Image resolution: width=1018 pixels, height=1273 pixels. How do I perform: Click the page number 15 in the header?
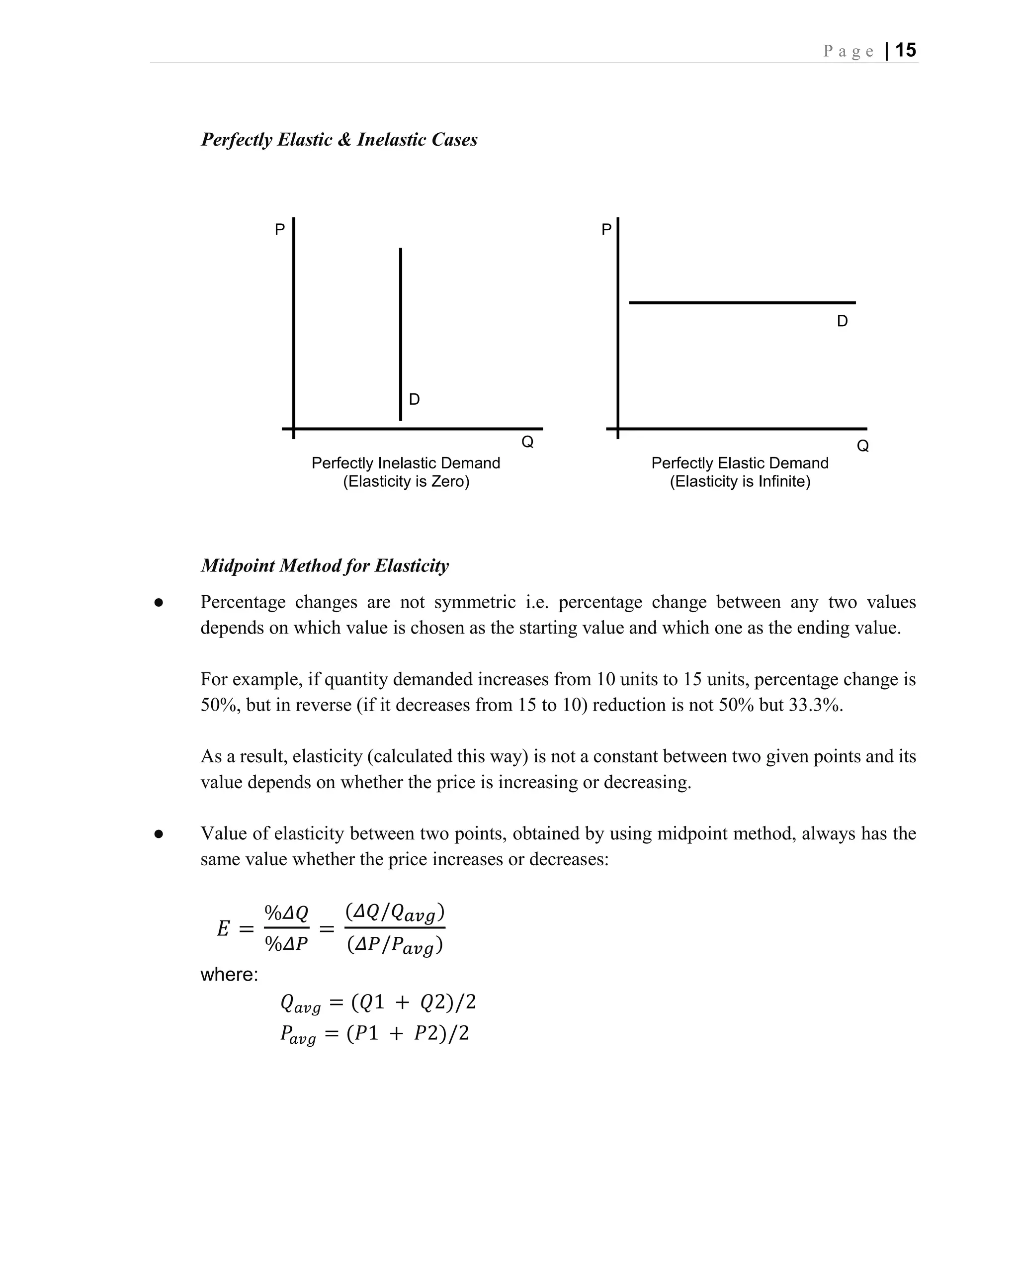point(905,50)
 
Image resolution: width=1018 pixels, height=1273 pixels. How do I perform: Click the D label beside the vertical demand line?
point(414,400)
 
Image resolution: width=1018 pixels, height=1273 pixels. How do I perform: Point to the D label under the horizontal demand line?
point(842,321)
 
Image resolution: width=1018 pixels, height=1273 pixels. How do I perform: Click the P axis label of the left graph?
point(280,229)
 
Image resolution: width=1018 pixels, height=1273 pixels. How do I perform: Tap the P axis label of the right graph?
point(606,229)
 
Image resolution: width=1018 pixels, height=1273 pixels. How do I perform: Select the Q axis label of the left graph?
point(527,442)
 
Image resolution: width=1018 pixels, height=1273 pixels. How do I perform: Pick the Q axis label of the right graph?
point(862,446)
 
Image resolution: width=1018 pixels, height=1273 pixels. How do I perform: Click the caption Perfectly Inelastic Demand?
point(406,463)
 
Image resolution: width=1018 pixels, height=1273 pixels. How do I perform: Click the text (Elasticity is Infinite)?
point(740,481)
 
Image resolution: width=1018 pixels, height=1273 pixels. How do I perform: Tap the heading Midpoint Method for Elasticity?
point(325,566)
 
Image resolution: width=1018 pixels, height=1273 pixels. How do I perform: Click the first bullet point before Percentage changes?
point(158,603)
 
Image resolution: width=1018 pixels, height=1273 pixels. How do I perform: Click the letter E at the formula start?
point(223,929)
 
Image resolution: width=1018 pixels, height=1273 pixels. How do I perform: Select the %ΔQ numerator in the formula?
point(286,913)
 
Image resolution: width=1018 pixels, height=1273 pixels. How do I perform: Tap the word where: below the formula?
point(229,974)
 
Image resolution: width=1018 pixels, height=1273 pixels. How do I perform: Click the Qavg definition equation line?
point(378,1002)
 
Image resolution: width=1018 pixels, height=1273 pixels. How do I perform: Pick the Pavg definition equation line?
point(374,1034)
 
